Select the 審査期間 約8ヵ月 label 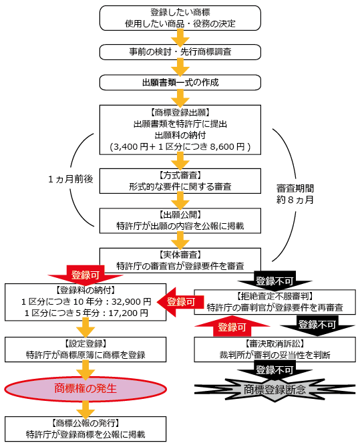[295, 193]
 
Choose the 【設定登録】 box [83, 349]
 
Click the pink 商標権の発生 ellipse [84, 389]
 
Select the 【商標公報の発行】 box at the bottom [84, 428]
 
